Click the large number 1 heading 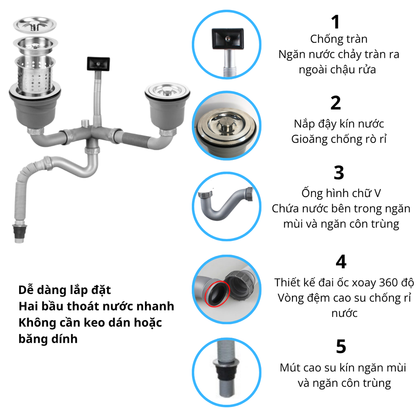[336, 22]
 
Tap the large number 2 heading [336, 103]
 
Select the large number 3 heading [339, 173]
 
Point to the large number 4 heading [341, 262]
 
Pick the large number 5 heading [341, 346]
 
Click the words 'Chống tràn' [339, 39]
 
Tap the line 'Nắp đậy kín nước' [339, 124]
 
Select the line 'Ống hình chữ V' [341, 193]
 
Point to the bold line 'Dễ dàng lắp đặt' [65, 290]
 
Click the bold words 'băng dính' [48, 339]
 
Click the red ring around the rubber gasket [217, 294]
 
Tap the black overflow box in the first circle [228, 39]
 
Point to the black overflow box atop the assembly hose [98, 64]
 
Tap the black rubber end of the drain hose [20, 231]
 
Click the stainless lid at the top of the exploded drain [35, 25]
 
